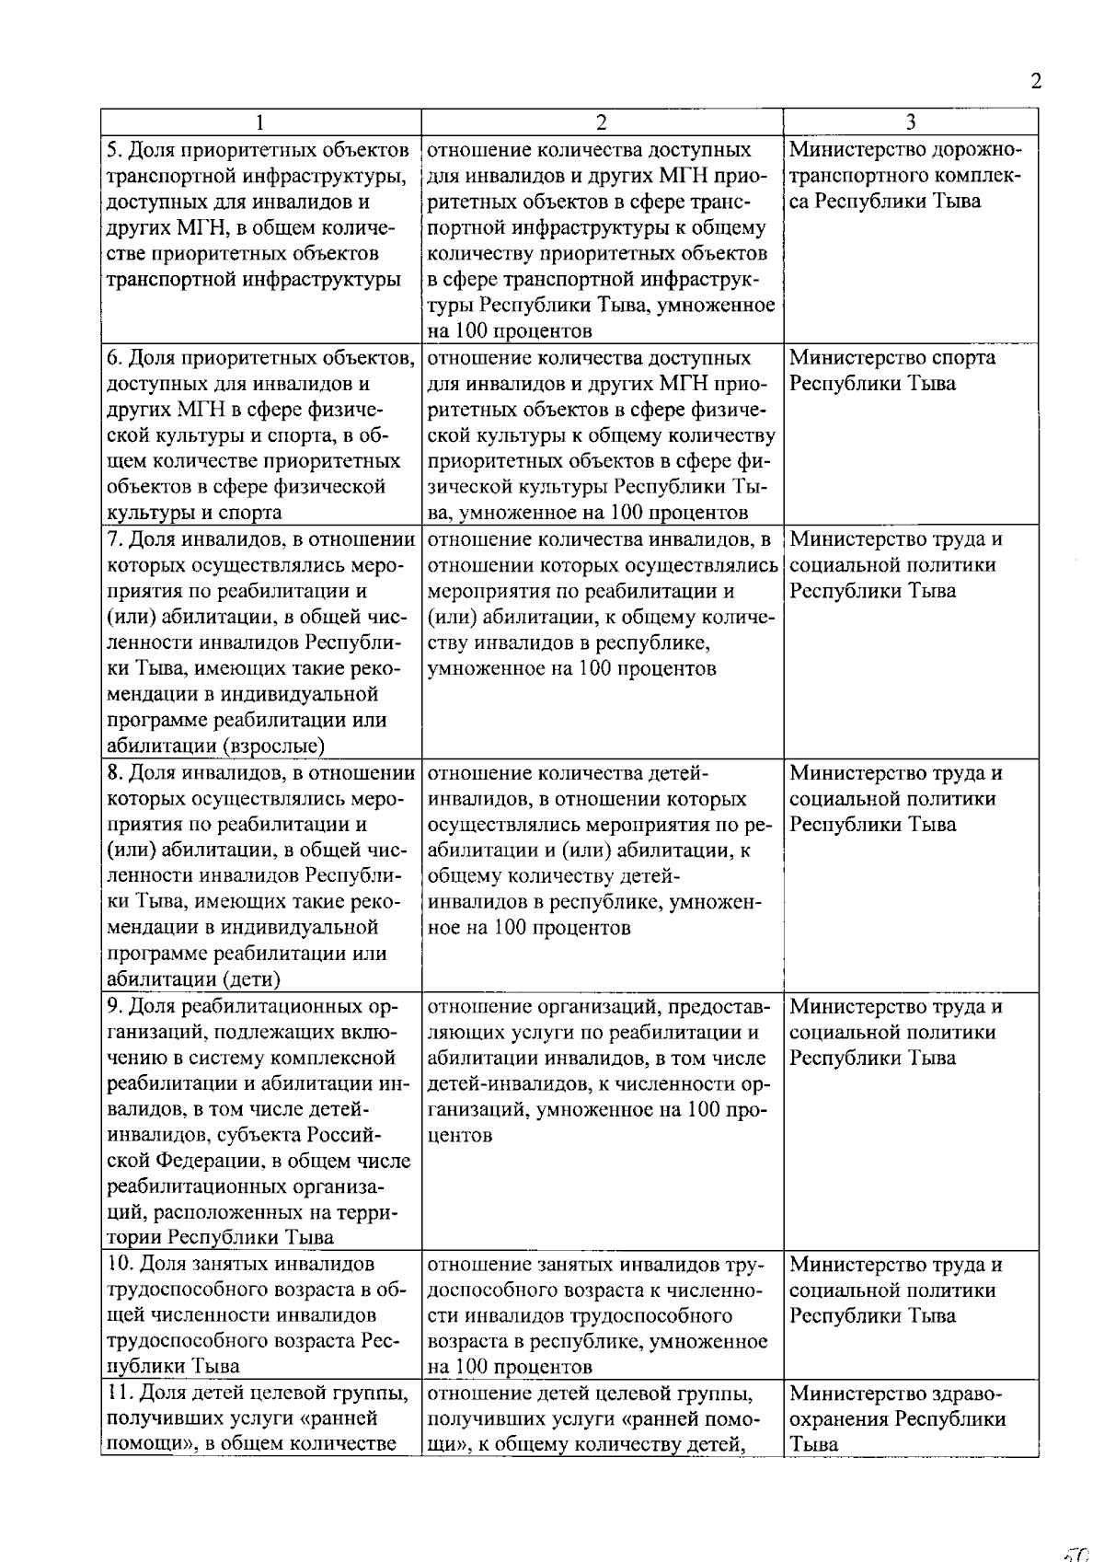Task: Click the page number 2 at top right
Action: [x=1036, y=81]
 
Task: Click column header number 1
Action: [x=260, y=122]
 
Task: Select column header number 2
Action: [x=601, y=122]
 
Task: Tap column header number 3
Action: [x=910, y=122]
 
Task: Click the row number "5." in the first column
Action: [x=114, y=149]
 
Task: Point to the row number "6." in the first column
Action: [x=114, y=357]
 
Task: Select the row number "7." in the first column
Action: [x=114, y=539]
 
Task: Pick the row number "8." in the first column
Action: [x=114, y=773]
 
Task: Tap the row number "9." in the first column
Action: [x=114, y=1007]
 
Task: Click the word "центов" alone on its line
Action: [x=460, y=1136]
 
